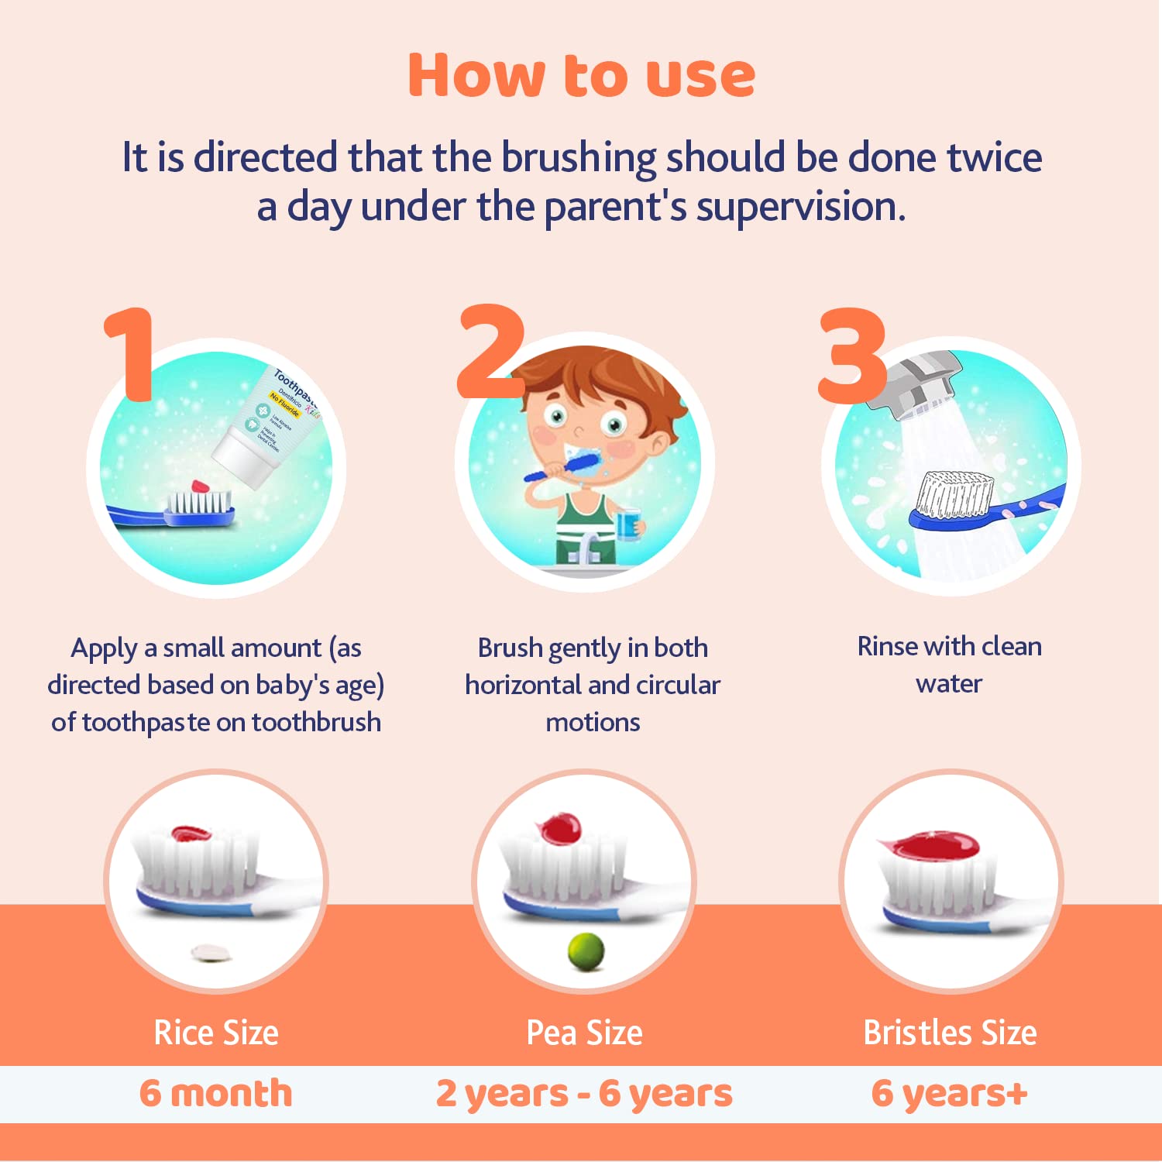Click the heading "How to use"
click(581, 75)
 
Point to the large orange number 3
click(851, 356)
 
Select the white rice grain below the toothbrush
click(211, 952)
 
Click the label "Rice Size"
click(216, 1033)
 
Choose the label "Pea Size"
click(584, 1033)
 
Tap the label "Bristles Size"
click(950, 1033)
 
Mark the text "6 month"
click(216, 1093)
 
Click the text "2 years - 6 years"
click(584, 1093)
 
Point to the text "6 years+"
click(950, 1093)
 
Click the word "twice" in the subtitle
click(994, 157)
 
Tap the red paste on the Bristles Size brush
click(930, 845)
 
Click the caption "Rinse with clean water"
click(949, 665)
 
